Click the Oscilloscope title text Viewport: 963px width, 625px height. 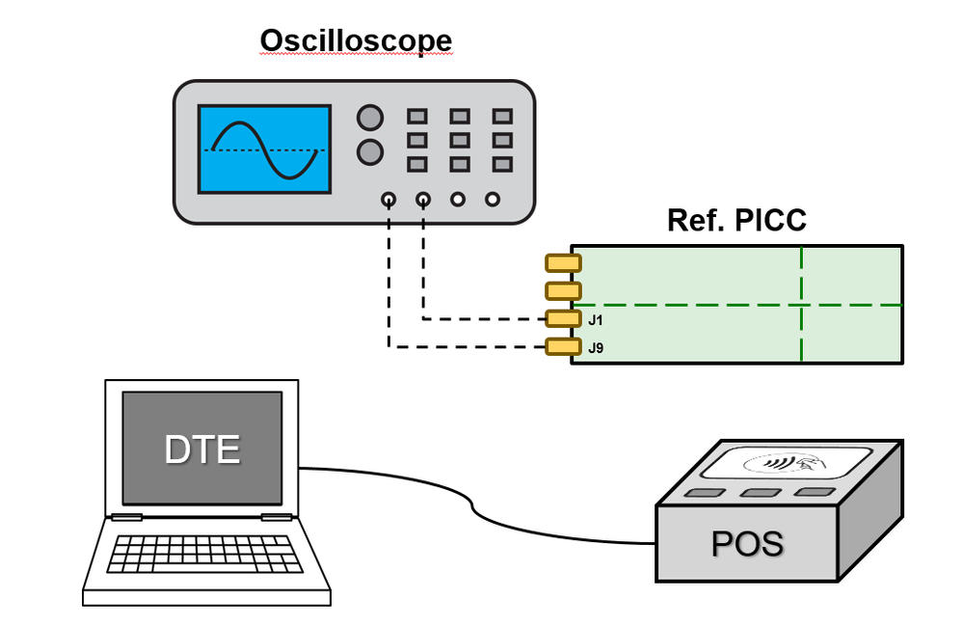(x=356, y=41)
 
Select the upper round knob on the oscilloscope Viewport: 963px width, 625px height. (x=369, y=118)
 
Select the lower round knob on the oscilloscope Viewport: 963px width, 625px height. (x=369, y=151)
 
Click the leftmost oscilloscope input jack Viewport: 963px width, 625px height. (x=388, y=200)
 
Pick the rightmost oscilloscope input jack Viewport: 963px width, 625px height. (x=493, y=200)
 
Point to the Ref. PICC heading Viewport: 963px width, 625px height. (x=736, y=221)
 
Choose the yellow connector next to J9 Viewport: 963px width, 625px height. (x=563, y=347)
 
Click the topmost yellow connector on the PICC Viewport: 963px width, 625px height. (x=563, y=262)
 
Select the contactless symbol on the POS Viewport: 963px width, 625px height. (x=786, y=464)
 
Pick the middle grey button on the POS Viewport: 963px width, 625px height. (x=760, y=493)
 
